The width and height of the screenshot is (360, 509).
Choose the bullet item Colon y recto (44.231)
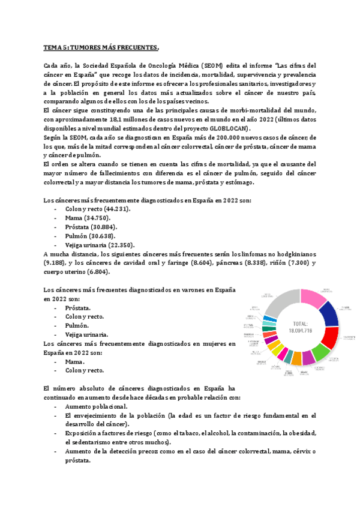(98, 208)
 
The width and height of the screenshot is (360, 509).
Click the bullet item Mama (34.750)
(89, 217)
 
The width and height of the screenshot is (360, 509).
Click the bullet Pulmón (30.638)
(91, 236)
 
